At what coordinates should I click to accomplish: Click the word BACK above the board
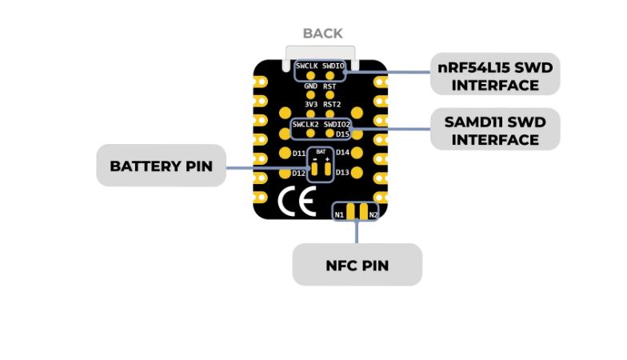tap(322, 34)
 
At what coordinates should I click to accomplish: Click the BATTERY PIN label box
tap(162, 166)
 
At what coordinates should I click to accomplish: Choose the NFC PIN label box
tap(357, 265)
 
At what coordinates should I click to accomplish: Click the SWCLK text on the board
tap(307, 66)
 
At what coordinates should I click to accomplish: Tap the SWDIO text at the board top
tap(334, 66)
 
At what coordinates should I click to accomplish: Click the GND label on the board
tap(310, 86)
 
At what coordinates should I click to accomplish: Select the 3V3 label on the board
tap(310, 105)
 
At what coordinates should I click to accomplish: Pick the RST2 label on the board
tap(333, 105)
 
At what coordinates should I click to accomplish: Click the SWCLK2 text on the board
tap(306, 125)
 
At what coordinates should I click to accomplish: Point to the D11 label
tap(298, 152)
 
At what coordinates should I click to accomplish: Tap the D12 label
tap(298, 173)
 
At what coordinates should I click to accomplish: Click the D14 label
tap(343, 152)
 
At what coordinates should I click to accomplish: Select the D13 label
tap(343, 172)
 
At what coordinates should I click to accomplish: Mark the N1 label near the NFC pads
tap(339, 214)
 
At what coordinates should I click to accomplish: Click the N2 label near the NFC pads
tap(373, 214)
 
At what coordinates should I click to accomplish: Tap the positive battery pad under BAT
tap(328, 169)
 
